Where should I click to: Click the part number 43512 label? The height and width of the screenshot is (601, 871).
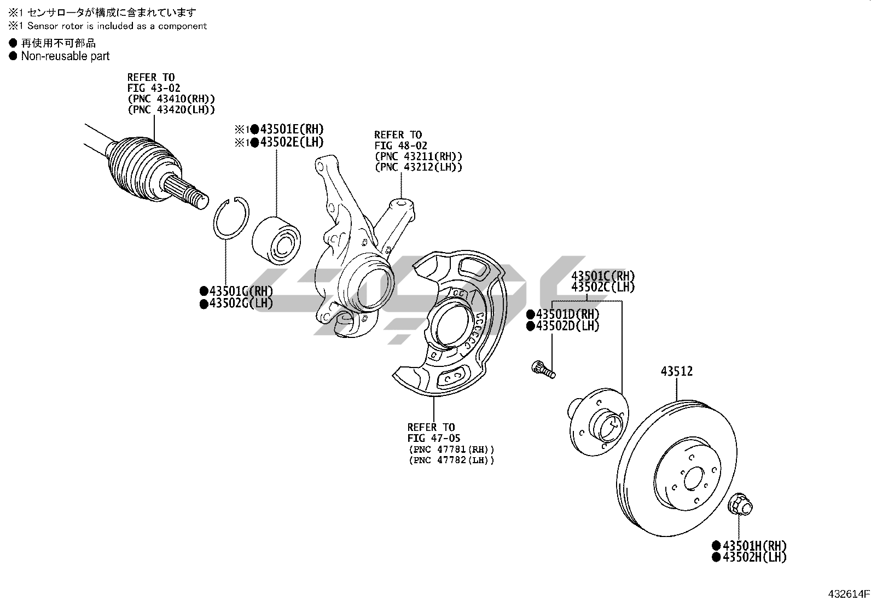(676, 372)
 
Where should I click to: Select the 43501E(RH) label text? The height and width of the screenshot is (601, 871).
(292, 130)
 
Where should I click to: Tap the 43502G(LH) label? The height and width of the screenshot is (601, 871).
(240, 304)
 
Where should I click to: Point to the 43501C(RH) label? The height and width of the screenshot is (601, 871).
(603, 276)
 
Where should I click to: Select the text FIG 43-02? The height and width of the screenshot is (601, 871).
(154, 88)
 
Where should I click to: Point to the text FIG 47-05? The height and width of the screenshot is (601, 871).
(433, 438)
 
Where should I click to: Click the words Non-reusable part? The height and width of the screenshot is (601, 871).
(65, 56)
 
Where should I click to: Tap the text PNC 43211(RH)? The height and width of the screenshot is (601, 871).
(419, 156)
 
